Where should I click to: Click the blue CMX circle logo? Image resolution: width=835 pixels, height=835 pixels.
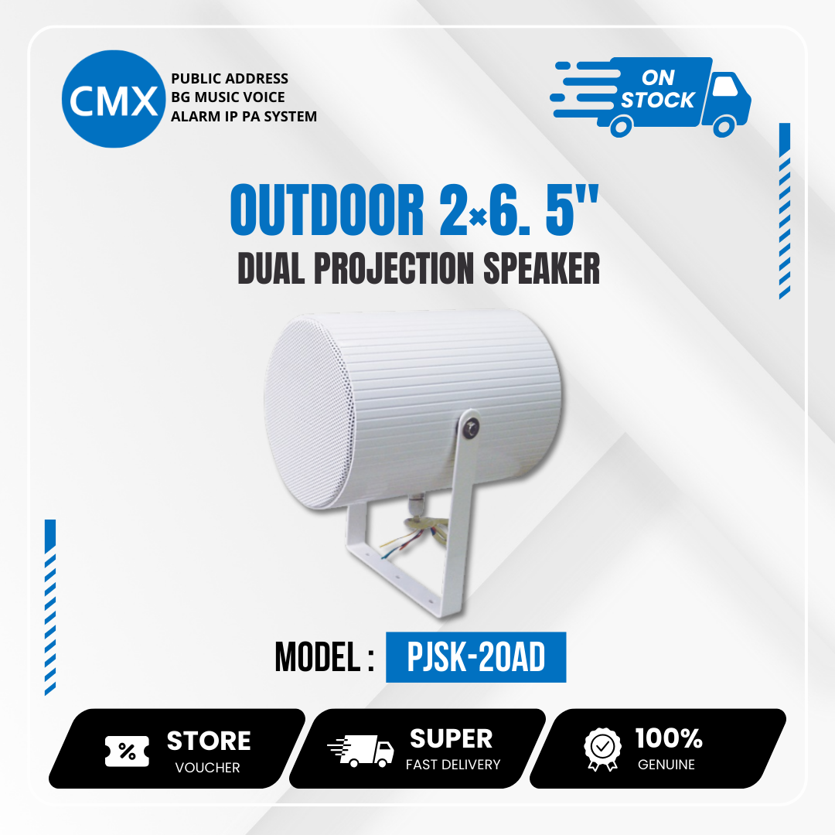(x=114, y=99)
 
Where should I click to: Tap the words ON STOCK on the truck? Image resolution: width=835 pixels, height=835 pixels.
(x=658, y=89)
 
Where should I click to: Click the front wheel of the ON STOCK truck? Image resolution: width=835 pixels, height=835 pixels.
(x=724, y=126)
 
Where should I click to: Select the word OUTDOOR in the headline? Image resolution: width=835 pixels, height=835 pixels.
(x=327, y=210)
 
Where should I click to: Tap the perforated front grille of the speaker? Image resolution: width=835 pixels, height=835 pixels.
(x=308, y=411)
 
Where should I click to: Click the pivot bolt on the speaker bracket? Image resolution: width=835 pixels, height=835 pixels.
(x=471, y=428)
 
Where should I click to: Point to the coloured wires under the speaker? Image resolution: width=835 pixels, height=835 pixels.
(x=416, y=534)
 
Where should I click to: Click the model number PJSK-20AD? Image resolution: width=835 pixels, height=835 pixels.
(x=475, y=656)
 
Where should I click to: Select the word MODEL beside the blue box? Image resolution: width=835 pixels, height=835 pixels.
(x=318, y=656)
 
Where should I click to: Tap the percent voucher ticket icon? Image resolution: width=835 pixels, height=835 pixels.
(x=127, y=751)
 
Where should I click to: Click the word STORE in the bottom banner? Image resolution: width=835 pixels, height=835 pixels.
(x=209, y=741)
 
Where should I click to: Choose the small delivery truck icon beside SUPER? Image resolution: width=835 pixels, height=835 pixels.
(x=360, y=751)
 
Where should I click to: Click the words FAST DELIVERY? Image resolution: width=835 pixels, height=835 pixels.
(x=453, y=765)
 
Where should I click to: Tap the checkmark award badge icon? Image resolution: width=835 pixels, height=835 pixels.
(x=602, y=749)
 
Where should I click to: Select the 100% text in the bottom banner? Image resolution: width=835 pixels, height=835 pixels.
(x=669, y=738)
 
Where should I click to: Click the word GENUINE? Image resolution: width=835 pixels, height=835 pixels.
(x=666, y=765)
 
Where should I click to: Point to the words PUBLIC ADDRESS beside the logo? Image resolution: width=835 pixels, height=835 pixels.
(x=230, y=79)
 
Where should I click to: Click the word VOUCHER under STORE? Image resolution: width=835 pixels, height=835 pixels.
(x=208, y=768)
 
